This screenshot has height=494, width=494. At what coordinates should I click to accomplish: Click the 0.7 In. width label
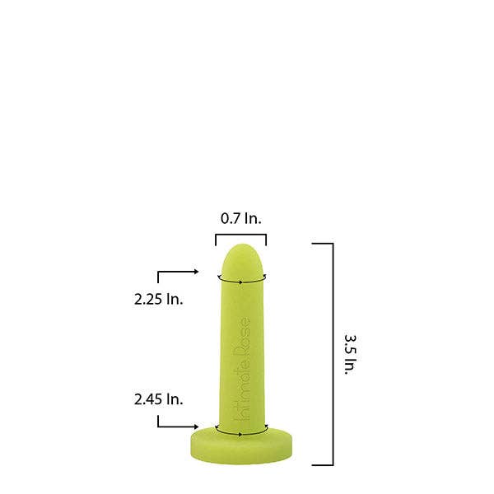coord(241,219)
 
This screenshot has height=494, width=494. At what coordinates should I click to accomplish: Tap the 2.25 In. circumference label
coord(158,299)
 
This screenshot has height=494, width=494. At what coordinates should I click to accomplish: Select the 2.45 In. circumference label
coord(158,399)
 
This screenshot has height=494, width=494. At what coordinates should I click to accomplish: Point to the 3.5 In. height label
coord(351,354)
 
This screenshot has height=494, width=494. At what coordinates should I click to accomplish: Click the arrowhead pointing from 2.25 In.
coord(196,271)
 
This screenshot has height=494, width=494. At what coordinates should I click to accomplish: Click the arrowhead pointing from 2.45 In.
coord(196,426)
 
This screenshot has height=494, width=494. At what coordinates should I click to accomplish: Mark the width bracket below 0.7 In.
coord(241,235)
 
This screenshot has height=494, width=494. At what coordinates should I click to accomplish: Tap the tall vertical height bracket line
coord(333,354)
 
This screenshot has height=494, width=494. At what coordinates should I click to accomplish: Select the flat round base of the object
coord(241,445)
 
